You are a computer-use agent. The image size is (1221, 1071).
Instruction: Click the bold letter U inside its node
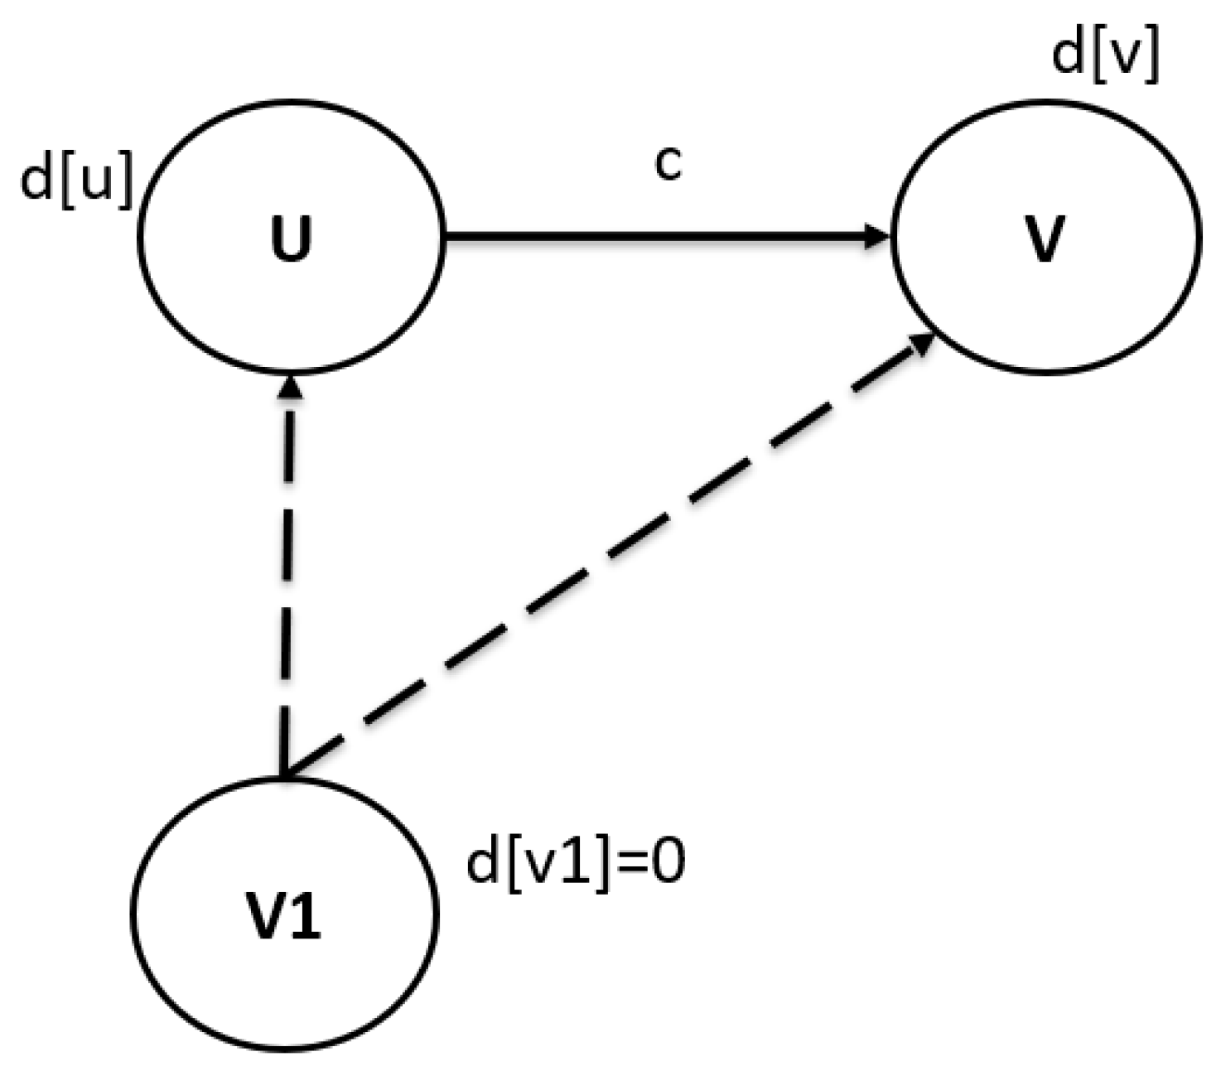click(x=292, y=239)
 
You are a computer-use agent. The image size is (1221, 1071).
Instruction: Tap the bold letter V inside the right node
click(x=1045, y=239)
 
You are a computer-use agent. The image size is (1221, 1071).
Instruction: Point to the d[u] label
click(x=76, y=181)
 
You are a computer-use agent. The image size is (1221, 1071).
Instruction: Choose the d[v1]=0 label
click(x=576, y=863)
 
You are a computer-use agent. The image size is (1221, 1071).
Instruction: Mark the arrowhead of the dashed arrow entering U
click(x=289, y=387)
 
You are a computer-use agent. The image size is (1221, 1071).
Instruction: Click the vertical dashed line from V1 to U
click(x=287, y=580)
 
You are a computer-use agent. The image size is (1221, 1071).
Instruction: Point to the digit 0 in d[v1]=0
click(x=668, y=863)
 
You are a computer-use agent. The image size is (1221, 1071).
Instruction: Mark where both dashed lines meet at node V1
click(x=284, y=775)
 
